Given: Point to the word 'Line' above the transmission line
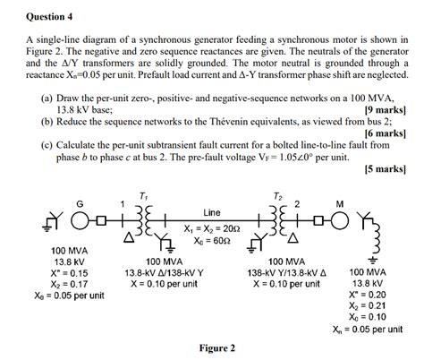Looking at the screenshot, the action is [211, 212].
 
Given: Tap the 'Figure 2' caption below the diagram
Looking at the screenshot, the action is [212, 348].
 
